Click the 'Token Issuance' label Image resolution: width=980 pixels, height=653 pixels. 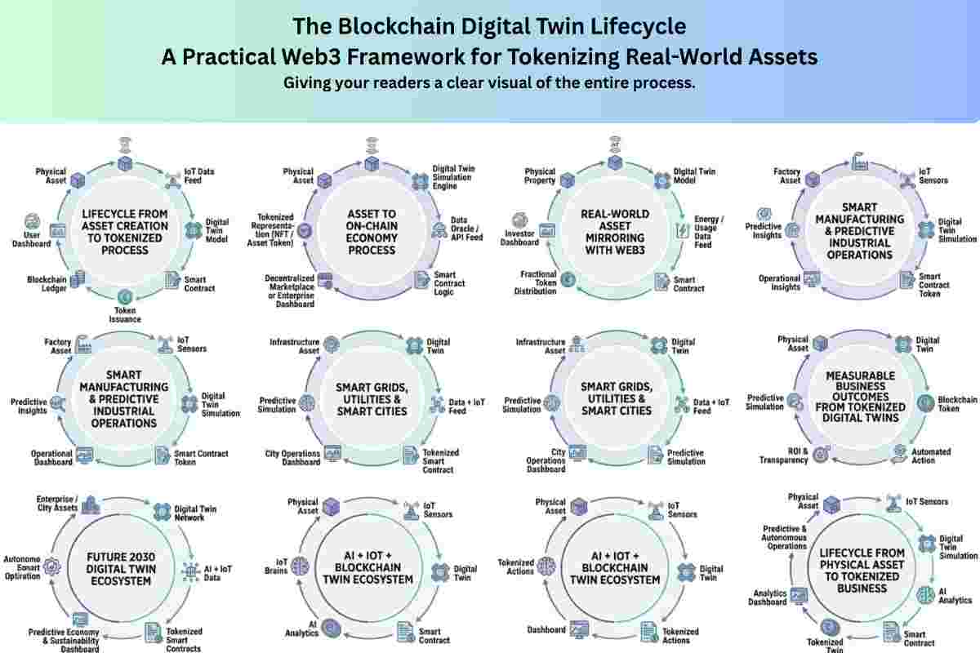pos(124,314)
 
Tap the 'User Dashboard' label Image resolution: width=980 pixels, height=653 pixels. pos(32,238)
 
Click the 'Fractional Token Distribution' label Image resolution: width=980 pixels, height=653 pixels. pos(536,283)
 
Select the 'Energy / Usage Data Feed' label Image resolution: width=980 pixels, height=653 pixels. pos(709,232)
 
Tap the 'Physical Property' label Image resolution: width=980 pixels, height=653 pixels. pos(540,176)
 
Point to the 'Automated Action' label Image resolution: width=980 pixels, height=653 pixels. pos(931,455)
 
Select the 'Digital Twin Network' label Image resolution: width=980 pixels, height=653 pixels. pos(195,513)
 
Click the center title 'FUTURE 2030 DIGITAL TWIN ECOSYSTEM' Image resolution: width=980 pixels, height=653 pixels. pos(121,569)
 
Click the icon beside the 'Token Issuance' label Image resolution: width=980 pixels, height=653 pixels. pos(124,295)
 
